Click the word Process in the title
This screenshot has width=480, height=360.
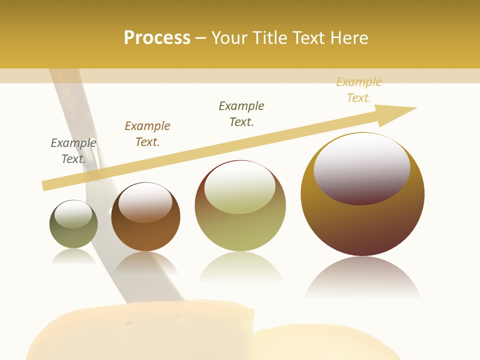click(157, 38)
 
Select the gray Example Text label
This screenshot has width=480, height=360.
click(73, 151)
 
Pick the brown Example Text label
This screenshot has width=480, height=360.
click(147, 134)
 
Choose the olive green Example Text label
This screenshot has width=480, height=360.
click(241, 114)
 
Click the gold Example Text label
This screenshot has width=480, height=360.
click(358, 90)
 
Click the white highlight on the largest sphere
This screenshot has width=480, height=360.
click(362, 167)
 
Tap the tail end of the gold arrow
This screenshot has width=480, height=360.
click(47, 185)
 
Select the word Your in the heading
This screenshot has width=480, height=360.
click(229, 38)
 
